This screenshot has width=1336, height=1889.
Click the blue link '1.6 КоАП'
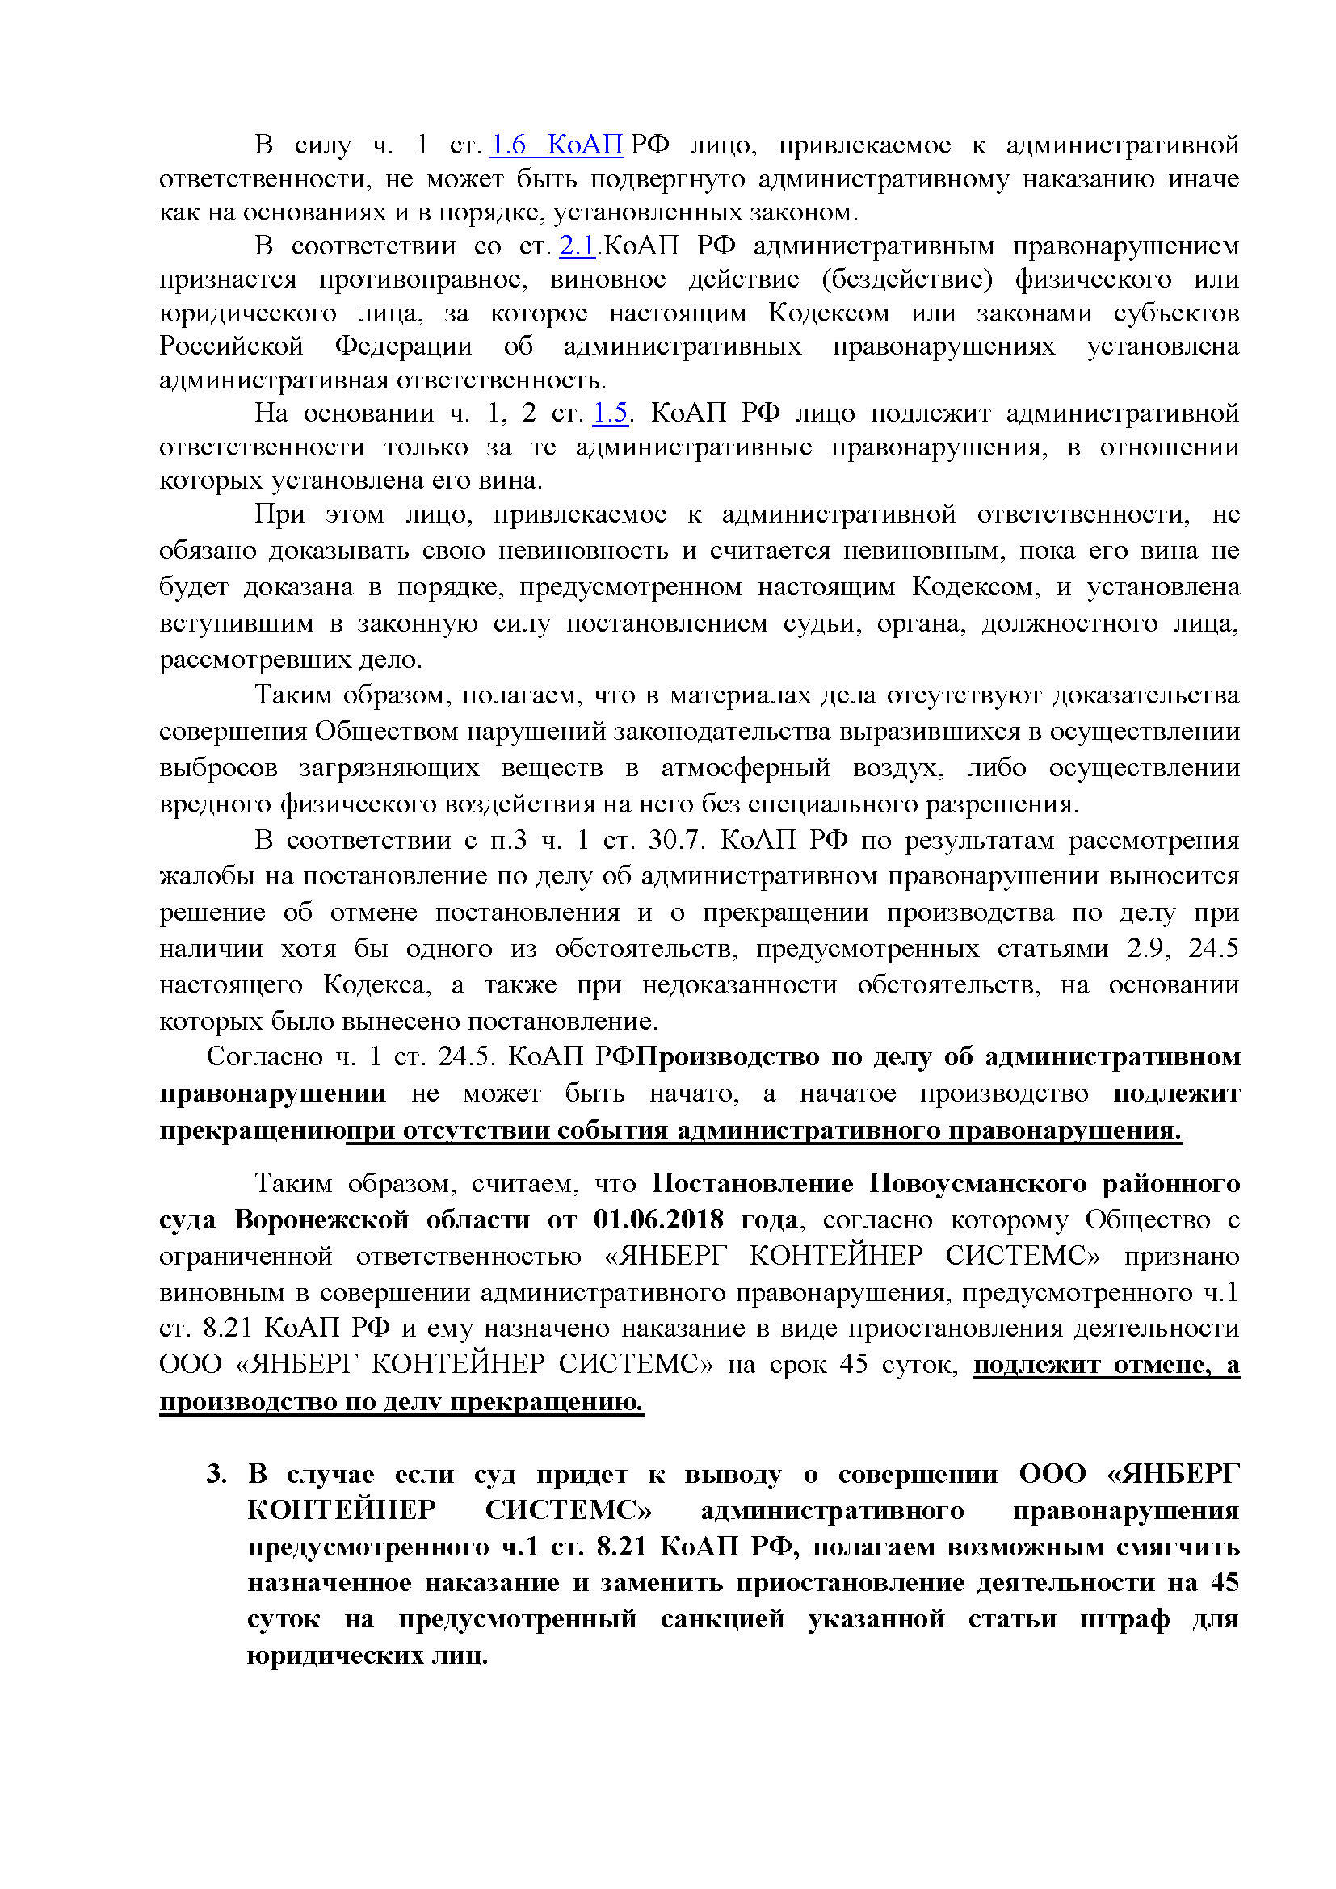click(556, 145)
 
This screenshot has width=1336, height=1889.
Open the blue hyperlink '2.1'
click(577, 246)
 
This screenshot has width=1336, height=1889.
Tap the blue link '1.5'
click(611, 413)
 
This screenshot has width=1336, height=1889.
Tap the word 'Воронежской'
click(321, 1219)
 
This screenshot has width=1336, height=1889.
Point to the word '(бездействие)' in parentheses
click(906, 279)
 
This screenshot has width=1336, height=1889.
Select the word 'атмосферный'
click(746, 768)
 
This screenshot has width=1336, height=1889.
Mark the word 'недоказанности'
click(740, 984)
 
